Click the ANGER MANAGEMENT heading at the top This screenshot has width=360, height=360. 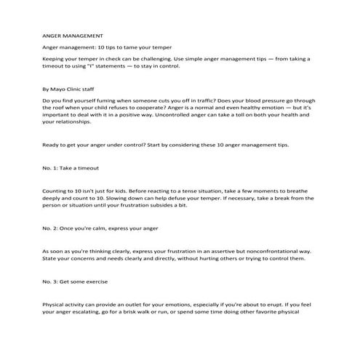click(x=73, y=35)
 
